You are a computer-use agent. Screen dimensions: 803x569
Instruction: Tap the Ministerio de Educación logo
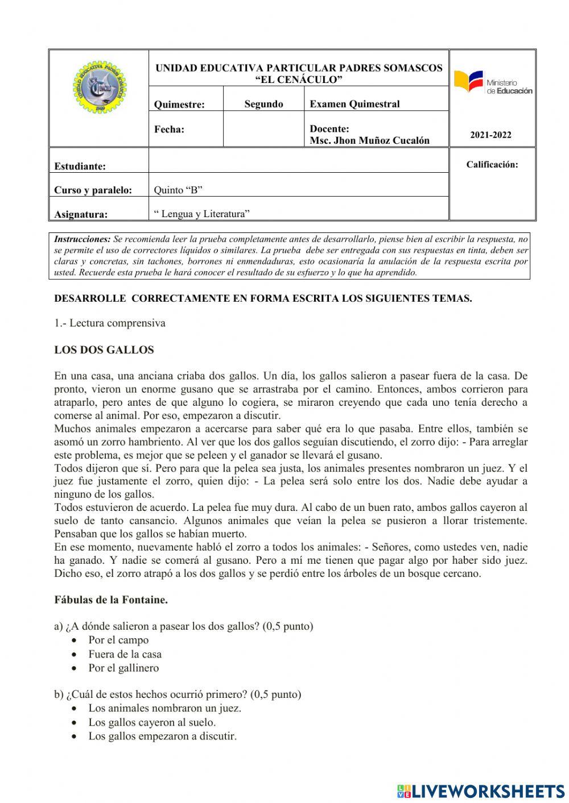click(x=493, y=82)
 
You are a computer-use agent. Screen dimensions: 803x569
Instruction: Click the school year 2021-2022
click(x=490, y=135)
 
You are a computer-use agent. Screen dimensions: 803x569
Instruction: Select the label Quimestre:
click(x=179, y=104)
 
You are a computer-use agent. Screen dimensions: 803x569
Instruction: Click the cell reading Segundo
click(x=263, y=104)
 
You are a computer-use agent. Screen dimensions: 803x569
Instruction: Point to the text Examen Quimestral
click(x=354, y=104)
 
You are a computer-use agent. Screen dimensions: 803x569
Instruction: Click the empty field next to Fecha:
click(x=263, y=129)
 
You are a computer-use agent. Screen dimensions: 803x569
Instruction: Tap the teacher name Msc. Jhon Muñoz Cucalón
click(x=369, y=140)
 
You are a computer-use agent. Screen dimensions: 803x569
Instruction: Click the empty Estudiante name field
click(x=298, y=161)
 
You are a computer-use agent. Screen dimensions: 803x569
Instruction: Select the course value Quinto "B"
click(x=178, y=190)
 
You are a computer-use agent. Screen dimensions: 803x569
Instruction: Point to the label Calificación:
click(x=492, y=165)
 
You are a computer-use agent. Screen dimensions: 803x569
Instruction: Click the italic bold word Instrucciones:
click(x=82, y=239)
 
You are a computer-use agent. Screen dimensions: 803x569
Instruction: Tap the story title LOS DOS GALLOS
click(x=104, y=350)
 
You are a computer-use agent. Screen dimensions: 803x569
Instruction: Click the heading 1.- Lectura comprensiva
click(x=110, y=323)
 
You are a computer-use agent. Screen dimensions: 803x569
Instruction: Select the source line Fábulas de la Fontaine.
click(x=111, y=600)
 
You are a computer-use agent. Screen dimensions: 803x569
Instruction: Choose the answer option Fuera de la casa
click(x=125, y=654)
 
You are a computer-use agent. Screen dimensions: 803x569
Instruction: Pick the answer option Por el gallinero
click(x=123, y=668)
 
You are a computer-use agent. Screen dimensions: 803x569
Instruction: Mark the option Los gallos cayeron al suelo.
click(x=152, y=722)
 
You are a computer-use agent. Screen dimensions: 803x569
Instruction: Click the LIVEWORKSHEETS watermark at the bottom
click(x=481, y=790)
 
